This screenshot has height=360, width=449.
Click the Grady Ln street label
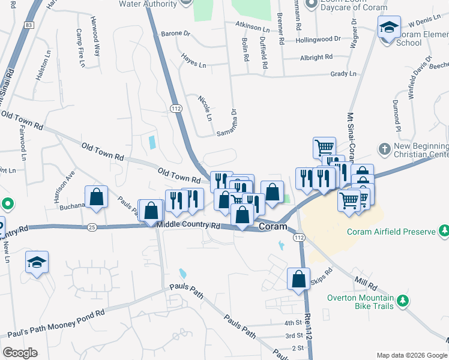pyautogui.click(x=343, y=74)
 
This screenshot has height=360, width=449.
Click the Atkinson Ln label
pyautogui.click(x=253, y=27)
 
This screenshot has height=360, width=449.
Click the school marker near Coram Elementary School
pyautogui.click(x=389, y=28)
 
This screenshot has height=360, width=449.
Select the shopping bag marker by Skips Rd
pyautogui.click(x=298, y=279)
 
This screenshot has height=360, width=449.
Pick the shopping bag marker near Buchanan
pyautogui.click(x=96, y=197)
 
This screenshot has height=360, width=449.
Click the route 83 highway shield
pyautogui.click(x=29, y=25)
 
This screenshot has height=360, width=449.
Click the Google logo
pyautogui.click(x=20, y=353)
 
